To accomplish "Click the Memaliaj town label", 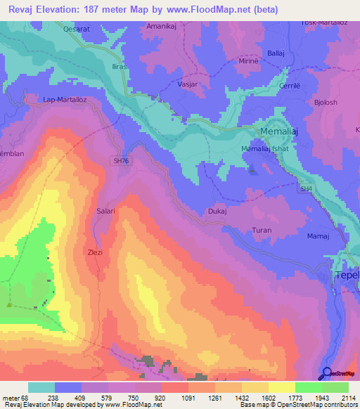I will pyautogui.click(x=283, y=131).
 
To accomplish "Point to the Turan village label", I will pyautogui.click(x=262, y=230).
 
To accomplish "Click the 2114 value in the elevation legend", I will pyautogui.click(x=348, y=396).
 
